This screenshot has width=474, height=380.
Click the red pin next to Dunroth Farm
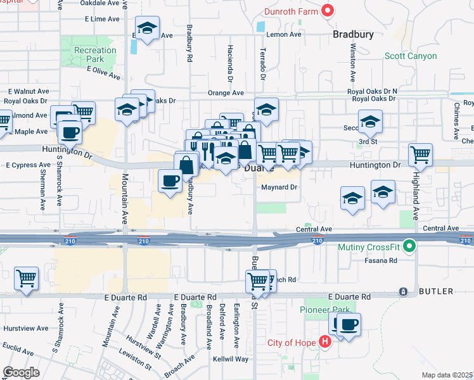(x=327, y=10)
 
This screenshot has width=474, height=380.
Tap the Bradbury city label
(x=353, y=35)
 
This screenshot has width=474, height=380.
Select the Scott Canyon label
(x=411, y=56)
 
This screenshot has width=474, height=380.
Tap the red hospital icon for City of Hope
(x=325, y=343)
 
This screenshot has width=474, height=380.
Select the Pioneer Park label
(x=320, y=310)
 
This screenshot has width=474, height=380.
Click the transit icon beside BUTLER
(x=403, y=291)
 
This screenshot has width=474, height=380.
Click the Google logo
(x=20, y=372)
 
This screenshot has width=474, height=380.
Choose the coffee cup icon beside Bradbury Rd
(x=170, y=180)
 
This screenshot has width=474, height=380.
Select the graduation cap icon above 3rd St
(x=370, y=120)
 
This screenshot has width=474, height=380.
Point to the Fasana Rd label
(x=381, y=260)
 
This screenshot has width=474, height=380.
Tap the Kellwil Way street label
(x=231, y=359)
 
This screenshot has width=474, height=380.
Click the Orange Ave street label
(x=226, y=93)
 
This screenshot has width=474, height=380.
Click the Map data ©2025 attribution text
(x=447, y=375)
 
